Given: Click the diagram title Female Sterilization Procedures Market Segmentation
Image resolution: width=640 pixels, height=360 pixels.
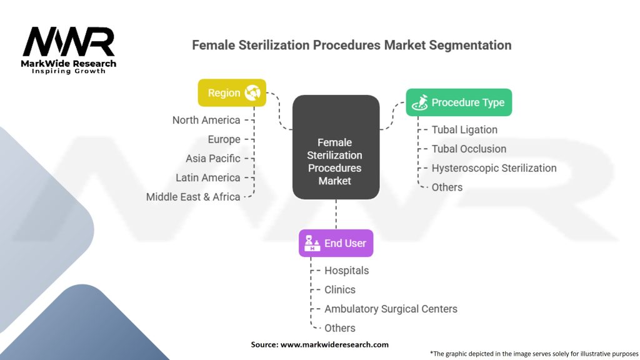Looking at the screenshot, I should tap(351, 45).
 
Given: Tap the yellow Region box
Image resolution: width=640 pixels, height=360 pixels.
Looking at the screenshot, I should tap(232, 92).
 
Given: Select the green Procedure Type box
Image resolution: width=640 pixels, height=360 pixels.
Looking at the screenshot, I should tap(459, 102).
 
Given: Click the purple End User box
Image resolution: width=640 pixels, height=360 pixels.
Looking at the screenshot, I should tap(336, 243).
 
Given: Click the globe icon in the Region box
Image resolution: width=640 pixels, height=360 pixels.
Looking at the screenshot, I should tap(253, 92).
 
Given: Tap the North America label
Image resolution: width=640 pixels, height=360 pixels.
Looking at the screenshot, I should tap(206, 120).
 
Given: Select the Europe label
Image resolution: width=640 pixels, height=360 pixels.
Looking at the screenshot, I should tap(224, 139).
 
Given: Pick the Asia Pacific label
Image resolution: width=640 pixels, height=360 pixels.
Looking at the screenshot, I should tap(212, 158).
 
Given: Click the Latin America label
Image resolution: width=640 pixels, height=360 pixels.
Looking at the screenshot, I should tap(207, 177).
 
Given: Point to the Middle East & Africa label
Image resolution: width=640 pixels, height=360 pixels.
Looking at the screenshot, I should tap(193, 197).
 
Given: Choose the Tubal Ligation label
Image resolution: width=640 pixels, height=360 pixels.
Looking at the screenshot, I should tap(464, 130).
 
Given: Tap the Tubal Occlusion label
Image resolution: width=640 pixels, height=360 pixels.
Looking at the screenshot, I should tap(469, 149).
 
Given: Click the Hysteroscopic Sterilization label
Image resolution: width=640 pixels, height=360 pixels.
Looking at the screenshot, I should tap(494, 168).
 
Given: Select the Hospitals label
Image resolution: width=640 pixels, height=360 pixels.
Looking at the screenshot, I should tap(346, 271).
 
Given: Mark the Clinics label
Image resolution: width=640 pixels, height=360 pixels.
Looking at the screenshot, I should tap(340, 290).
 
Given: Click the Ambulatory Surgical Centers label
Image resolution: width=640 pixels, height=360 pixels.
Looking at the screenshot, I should tap(391, 309).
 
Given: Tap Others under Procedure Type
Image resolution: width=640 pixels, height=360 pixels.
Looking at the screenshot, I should tap(447, 187).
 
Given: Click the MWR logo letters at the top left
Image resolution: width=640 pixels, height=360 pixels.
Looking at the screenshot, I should tap(69, 42).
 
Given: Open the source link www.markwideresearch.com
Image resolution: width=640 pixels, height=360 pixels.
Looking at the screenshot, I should tap(334, 344).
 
